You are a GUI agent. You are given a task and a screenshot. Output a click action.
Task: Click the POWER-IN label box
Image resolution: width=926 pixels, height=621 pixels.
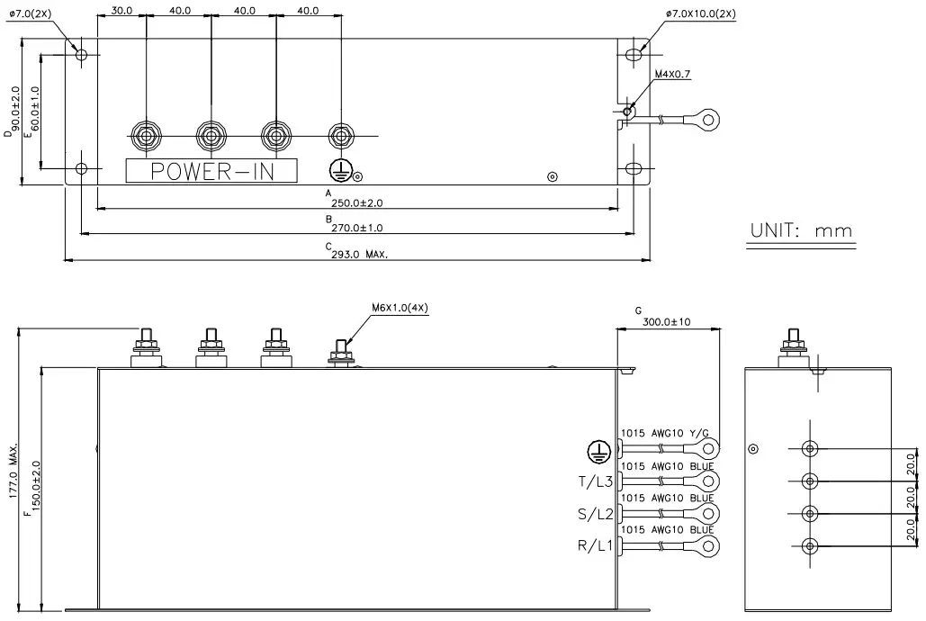[211, 171]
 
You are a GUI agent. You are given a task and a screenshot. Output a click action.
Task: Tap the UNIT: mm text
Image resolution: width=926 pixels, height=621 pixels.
[801, 230]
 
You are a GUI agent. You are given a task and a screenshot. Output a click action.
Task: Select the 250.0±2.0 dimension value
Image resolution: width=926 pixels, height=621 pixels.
[356, 202]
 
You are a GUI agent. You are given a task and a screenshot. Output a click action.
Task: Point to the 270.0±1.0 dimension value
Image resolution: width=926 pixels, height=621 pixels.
[357, 228]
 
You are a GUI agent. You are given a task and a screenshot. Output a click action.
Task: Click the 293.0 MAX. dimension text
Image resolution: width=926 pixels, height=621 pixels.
[358, 255]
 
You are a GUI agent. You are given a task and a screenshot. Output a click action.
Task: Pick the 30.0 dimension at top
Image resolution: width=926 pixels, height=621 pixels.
[121, 11]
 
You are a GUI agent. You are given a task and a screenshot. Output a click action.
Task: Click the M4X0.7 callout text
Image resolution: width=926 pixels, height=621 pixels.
[672, 75]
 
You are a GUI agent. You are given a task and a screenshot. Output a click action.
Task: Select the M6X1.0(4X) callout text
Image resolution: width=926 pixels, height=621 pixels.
[400, 307]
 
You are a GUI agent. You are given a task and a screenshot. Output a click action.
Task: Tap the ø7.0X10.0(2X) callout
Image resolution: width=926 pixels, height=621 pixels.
[701, 13]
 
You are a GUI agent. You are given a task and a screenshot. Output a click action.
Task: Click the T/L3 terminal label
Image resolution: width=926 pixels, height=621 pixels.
[595, 482]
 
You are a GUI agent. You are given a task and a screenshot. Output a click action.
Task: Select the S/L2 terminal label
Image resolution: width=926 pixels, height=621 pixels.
[595, 515]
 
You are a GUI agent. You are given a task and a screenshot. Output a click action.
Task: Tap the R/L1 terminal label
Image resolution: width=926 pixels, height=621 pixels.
[595, 546]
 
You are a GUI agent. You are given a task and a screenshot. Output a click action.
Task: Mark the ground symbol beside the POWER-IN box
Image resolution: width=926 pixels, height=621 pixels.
[338, 169]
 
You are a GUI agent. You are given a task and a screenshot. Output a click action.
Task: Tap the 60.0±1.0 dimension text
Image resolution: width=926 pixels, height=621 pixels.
[35, 109]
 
